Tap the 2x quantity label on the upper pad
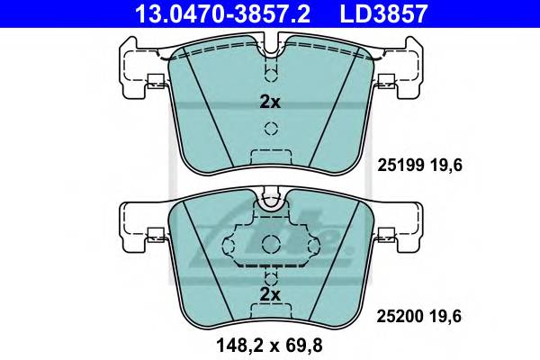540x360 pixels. click(x=269, y=102)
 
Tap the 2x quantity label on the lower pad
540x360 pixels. click(x=269, y=293)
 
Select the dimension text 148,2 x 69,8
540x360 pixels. click(x=269, y=343)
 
